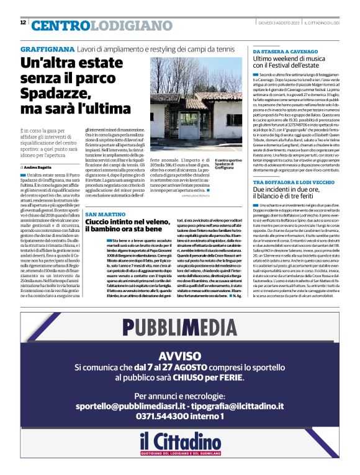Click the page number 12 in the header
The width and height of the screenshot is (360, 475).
pyautogui.click(x=23, y=23)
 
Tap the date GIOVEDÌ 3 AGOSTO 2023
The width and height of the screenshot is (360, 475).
pyautogui.click(x=279, y=23)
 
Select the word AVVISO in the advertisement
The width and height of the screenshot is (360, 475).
pyautogui.click(x=180, y=356)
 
